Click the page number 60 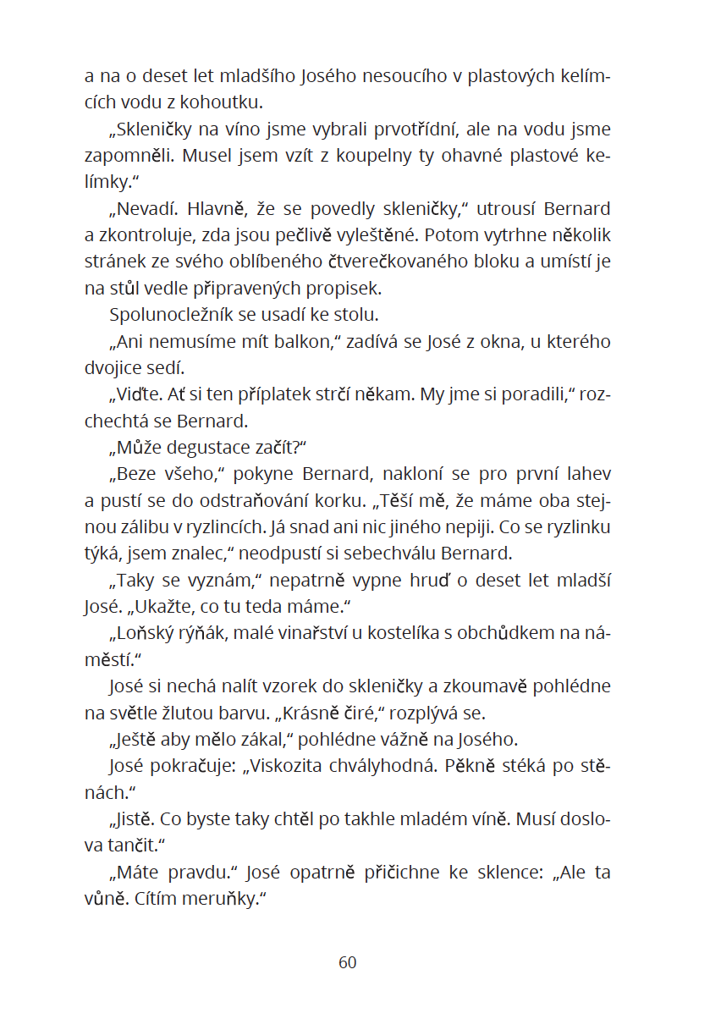[348, 962]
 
